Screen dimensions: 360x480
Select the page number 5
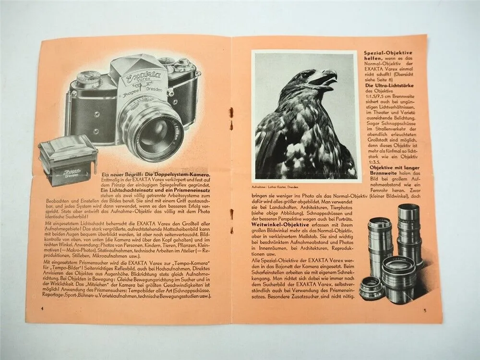click(x=424, y=310)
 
